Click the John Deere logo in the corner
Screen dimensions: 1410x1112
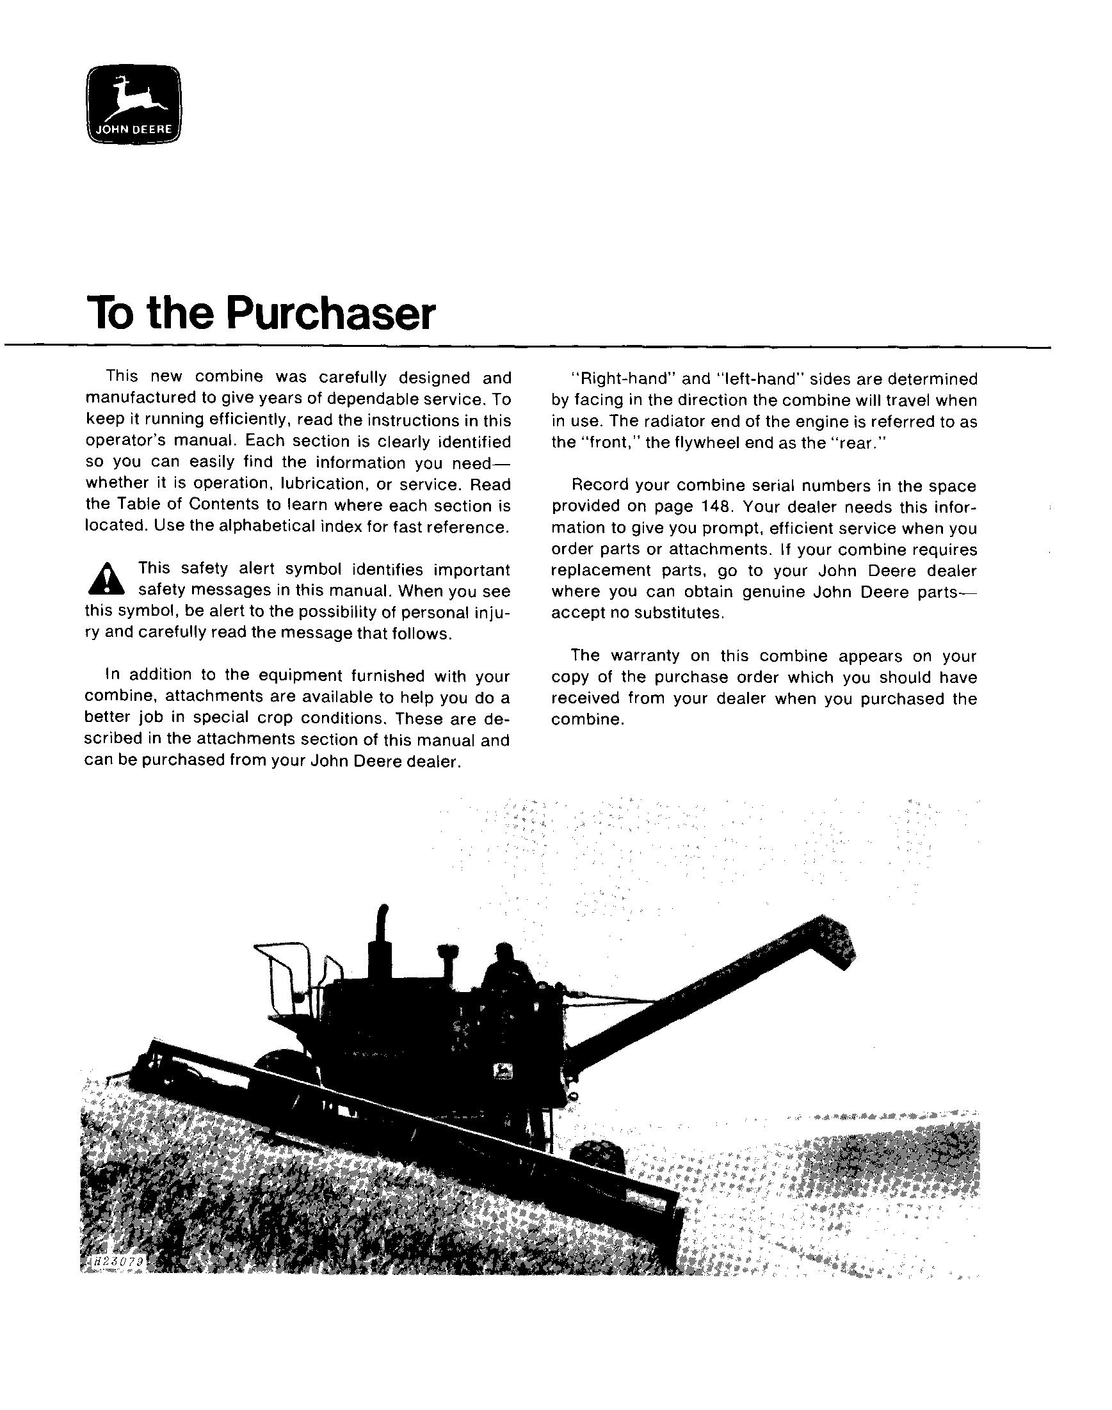click(x=133, y=104)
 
